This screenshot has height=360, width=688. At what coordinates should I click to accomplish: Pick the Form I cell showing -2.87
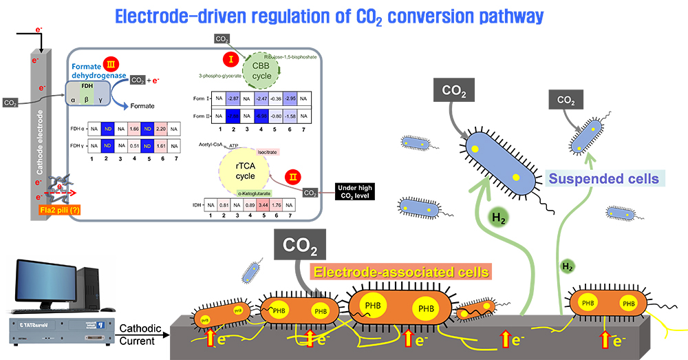234,98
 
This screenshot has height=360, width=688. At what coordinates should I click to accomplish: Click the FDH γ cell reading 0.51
134,146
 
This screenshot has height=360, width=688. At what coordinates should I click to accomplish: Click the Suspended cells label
604,179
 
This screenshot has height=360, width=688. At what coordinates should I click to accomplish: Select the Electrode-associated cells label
401,271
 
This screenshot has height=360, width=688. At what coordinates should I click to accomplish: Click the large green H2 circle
500,218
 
